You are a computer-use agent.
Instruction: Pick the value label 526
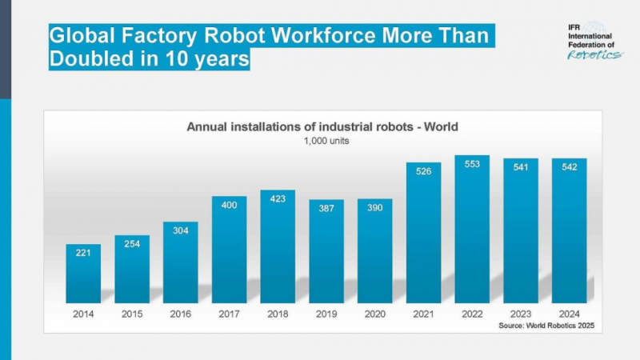[x=423, y=170]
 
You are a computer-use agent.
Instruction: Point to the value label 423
[x=278, y=198]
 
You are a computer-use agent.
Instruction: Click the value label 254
[x=132, y=243]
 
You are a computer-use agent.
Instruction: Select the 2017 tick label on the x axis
[x=229, y=314]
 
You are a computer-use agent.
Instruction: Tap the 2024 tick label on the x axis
[x=569, y=314]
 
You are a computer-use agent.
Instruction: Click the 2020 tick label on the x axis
[x=374, y=314]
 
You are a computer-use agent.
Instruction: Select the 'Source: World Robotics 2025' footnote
[x=550, y=326]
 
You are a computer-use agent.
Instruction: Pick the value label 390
[x=374, y=207]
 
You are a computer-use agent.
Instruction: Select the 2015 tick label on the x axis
[x=132, y=314]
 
